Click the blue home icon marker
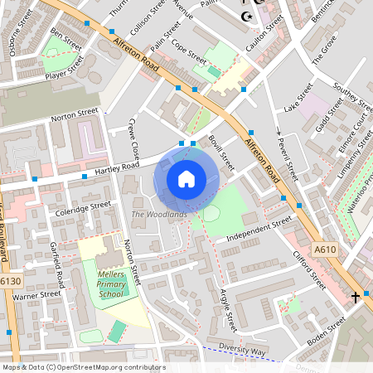pyautogui.click(x=186, y=178)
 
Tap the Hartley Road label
pyautogui.click(x=119, y=169)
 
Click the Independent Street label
pyautogui.click(x=259, y=230)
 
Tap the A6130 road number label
pyautogui.click(x=9, y=282)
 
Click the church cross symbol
pyautogui.click(x=356, y=296)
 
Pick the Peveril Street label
pyautogui.click(x=287, y=159)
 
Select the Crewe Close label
pyautogui.click(x=133, y=140)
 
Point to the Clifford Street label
pyautogui.click(x=308, y=270)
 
